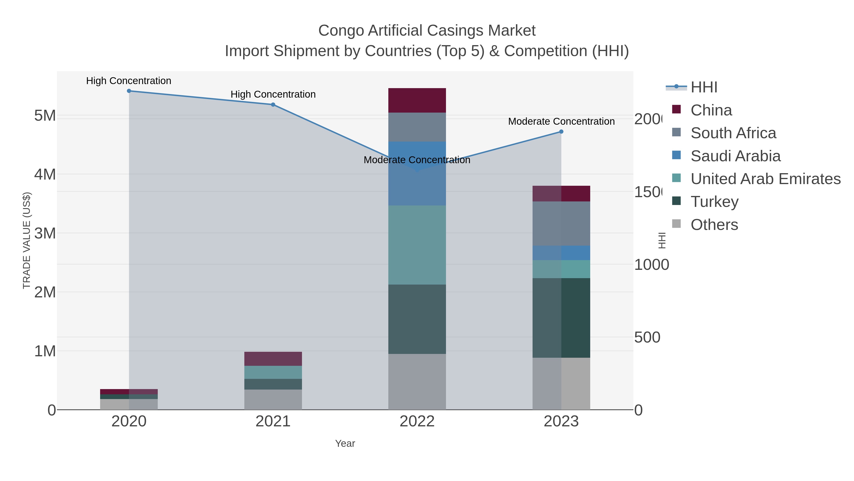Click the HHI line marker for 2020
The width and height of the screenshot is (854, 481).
coord(129,91)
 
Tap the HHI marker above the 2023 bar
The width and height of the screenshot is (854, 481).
coord(561,132)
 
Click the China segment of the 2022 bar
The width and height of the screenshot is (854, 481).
coord(417,100)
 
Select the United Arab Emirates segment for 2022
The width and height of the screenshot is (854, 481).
coord(417,245)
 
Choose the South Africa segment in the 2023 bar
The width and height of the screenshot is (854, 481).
coord(561,224)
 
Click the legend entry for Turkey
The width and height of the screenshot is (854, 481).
coord(715,201)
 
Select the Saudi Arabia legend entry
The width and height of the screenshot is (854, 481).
coord(735,156)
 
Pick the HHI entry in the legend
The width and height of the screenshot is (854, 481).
coord(704,87)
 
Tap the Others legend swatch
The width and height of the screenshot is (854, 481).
coord(676,224)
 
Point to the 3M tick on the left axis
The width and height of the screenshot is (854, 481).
coord(45,233)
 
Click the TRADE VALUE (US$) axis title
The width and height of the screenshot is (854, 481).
coord(27,240)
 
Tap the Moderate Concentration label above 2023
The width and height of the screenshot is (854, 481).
coord(561,121)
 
